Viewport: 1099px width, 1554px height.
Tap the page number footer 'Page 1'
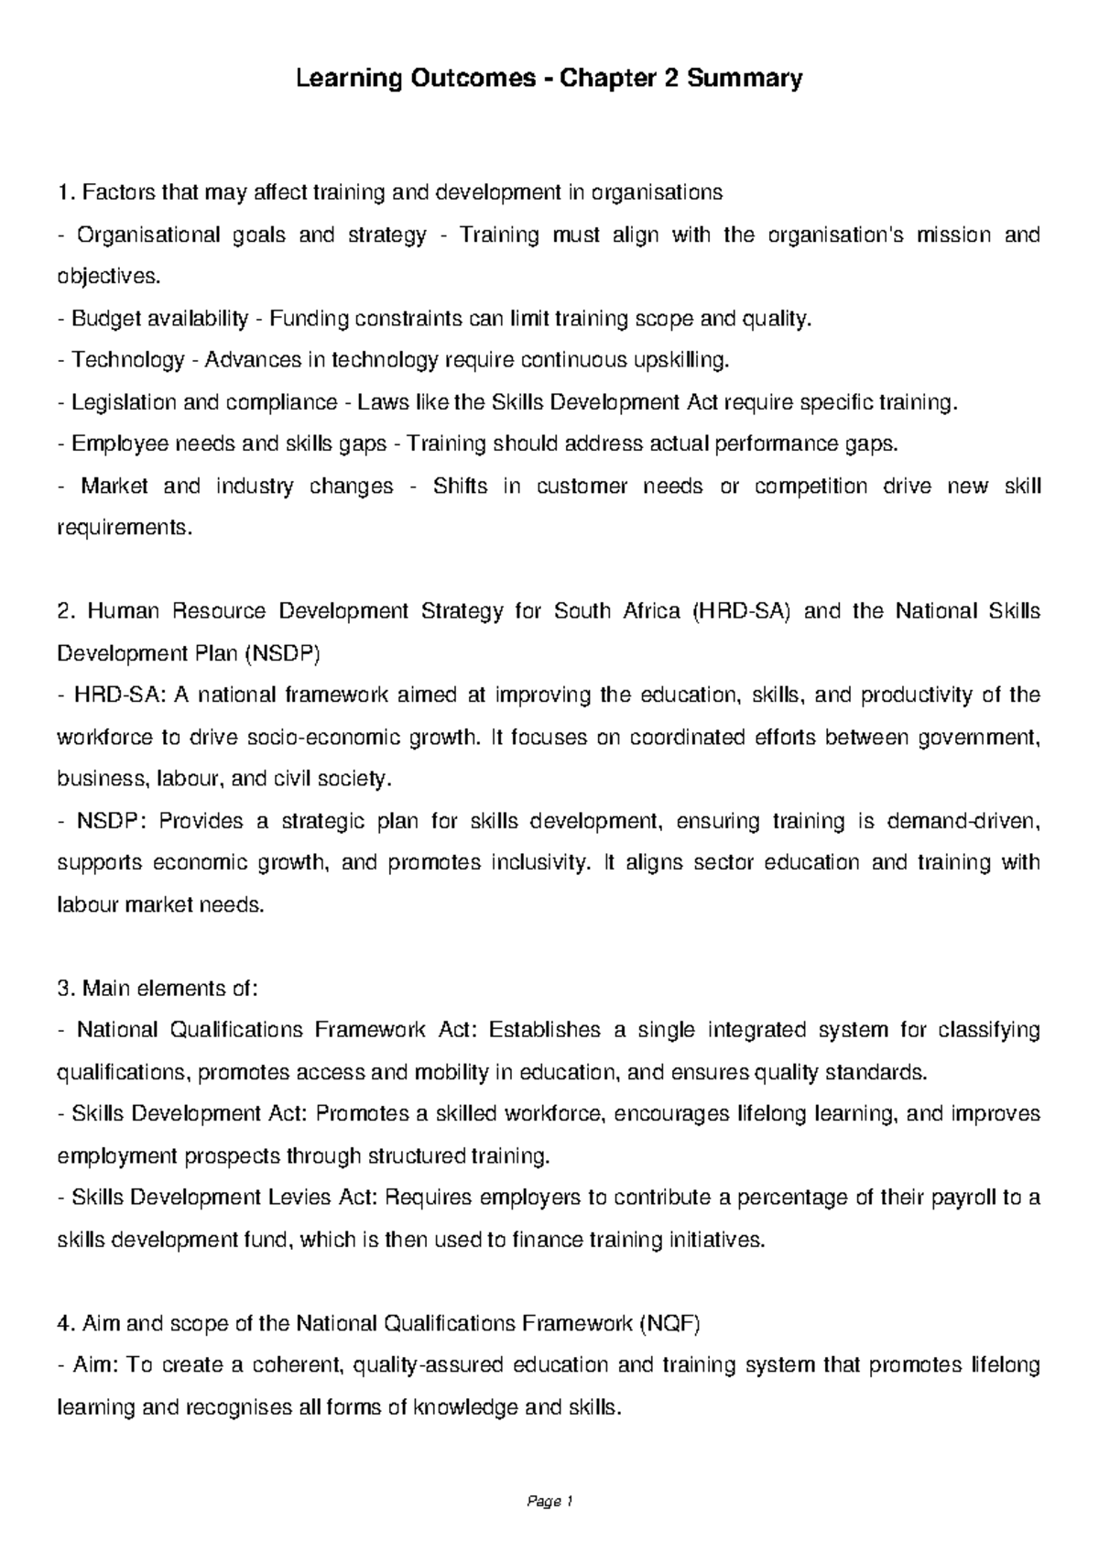549,1502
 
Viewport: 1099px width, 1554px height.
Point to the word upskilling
681,361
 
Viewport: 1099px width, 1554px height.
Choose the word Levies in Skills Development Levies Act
297,1198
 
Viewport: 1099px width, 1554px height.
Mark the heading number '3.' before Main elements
64,989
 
